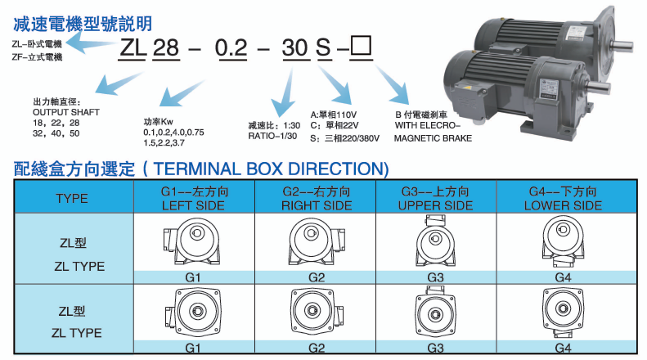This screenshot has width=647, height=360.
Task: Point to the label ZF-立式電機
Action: pos(37,57)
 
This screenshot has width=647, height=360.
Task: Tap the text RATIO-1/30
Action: pos(273,137)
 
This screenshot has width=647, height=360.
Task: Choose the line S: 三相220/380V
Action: pos(345,138)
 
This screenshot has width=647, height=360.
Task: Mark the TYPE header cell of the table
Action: pos(72,198)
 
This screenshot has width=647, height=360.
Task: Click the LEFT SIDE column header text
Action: pos(193,205)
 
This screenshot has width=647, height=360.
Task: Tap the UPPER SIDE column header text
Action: pos(435,205)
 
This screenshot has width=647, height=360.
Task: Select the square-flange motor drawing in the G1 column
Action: pos(193,313)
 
